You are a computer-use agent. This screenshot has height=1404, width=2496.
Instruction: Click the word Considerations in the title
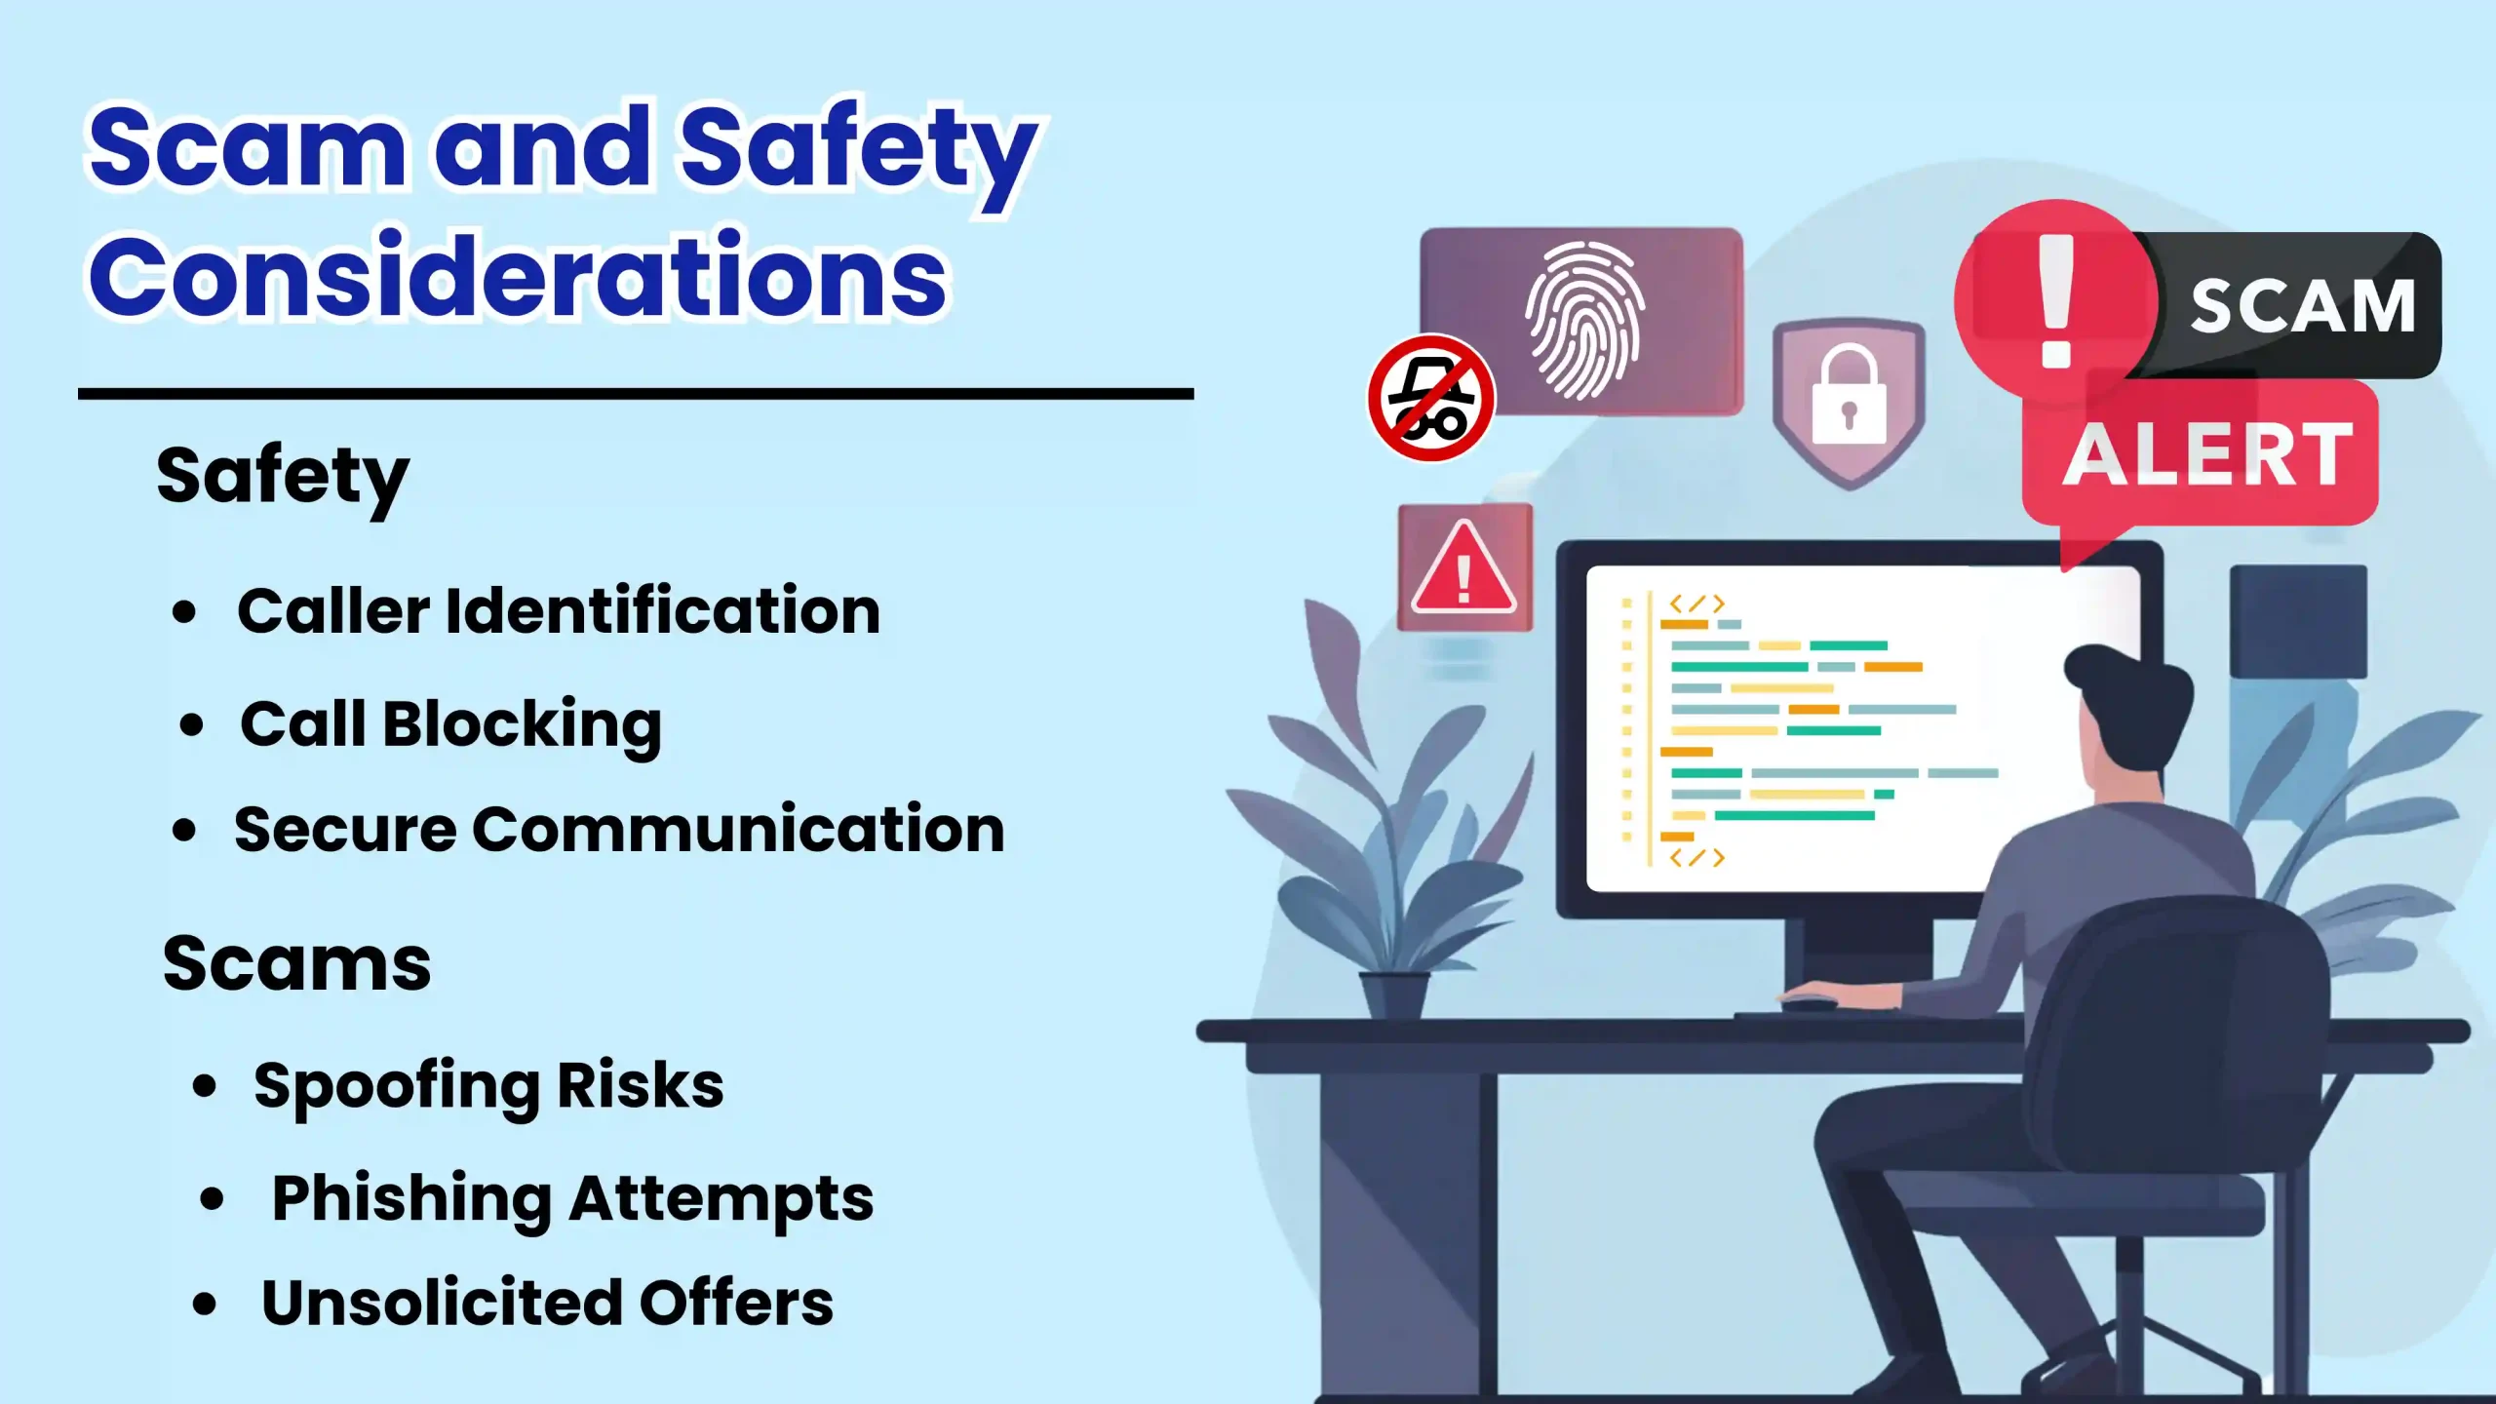518,277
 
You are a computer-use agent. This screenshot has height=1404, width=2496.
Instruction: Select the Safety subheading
283,478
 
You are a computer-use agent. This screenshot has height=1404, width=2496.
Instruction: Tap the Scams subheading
296,963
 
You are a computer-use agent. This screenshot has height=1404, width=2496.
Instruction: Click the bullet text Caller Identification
559,611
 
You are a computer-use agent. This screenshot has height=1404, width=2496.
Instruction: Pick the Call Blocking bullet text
451,725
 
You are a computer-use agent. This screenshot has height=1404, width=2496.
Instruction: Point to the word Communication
738,830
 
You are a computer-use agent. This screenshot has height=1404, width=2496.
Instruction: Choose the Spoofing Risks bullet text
488,1086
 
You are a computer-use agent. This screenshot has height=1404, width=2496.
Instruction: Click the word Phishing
411,1199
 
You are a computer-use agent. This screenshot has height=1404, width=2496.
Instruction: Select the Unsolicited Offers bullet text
548,1303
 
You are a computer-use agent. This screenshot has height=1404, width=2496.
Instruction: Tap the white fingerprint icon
1584,320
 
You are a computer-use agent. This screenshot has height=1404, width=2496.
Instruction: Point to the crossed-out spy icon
1430,398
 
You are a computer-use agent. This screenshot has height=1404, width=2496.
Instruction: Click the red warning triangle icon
1463,568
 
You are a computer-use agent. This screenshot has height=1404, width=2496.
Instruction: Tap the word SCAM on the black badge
2303,306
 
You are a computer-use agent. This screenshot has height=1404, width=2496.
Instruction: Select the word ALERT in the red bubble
2207,455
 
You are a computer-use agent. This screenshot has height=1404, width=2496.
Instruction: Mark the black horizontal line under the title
636,394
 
